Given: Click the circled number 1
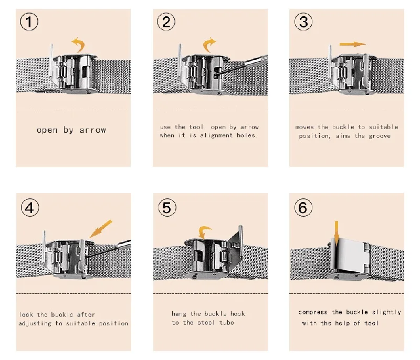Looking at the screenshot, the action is tap(29, 22).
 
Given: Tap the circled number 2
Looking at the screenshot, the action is tap(166, 22).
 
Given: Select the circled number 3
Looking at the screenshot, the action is tap(303, 22).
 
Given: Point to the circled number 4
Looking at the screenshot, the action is tap(30, 207).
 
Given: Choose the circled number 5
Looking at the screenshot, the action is tap(167, 207).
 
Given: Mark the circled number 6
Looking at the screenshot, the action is tap(303, 207).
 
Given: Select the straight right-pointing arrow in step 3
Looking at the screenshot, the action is tap(352, 44).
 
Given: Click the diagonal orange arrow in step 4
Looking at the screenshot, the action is tap(101, 229).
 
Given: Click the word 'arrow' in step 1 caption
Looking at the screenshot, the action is tap(93, 130).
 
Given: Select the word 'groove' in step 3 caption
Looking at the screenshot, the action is tap(380, 136).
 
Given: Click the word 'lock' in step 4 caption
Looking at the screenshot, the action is tap(26, 314).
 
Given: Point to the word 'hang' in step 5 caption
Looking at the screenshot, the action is tap(178, 314).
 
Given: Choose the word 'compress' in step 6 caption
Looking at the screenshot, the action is tap(313, 312).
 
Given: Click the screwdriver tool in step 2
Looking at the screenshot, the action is tap(241, 65).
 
